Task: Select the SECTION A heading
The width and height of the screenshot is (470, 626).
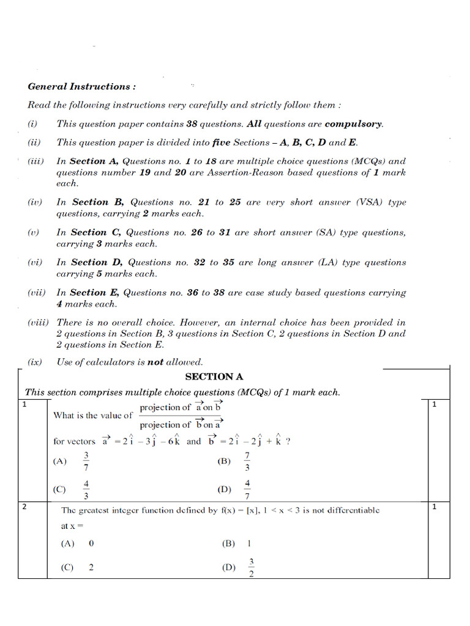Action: [214, 377]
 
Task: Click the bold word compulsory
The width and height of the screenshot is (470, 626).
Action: [353, 124]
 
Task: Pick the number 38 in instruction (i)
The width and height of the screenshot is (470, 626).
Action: [192, 124]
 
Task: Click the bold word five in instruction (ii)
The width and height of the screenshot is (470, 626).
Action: [221, 143]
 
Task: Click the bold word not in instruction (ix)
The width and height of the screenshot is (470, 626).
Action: [155, 362]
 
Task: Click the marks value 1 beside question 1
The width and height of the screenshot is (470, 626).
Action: [434, 405]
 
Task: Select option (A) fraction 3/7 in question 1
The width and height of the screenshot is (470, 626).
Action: [86, 462]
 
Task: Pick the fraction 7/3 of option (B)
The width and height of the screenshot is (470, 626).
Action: [247, 462]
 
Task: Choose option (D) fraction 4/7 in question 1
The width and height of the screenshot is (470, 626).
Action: [247, 490]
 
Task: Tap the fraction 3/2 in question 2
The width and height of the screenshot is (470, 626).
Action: [251, 568]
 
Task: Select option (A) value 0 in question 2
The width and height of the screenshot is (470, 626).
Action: [91, 543]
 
